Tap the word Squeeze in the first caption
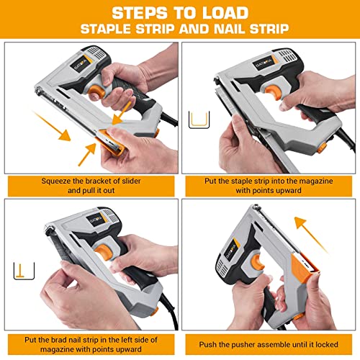point(55,181)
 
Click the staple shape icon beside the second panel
point(199,120)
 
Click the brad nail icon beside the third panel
point(24,271)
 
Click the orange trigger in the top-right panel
point(273,92)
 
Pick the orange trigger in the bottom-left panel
point(104,251)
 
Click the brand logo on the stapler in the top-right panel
point(264,63)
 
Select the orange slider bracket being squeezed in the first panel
point(111,143)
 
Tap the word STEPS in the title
point(140,13)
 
